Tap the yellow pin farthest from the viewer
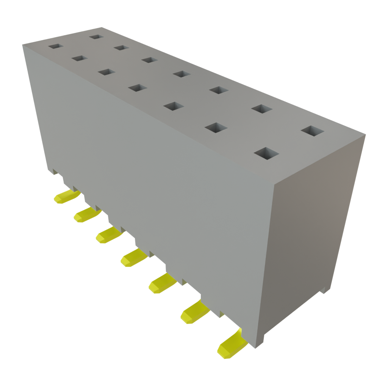coord(66,197)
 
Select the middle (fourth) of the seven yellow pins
coord(133,258)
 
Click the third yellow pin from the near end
coord(161,284)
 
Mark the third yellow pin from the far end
coord(108,236)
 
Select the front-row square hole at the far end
coord(56,46)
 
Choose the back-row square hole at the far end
coord(97,37)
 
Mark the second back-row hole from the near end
coord(261,109)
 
